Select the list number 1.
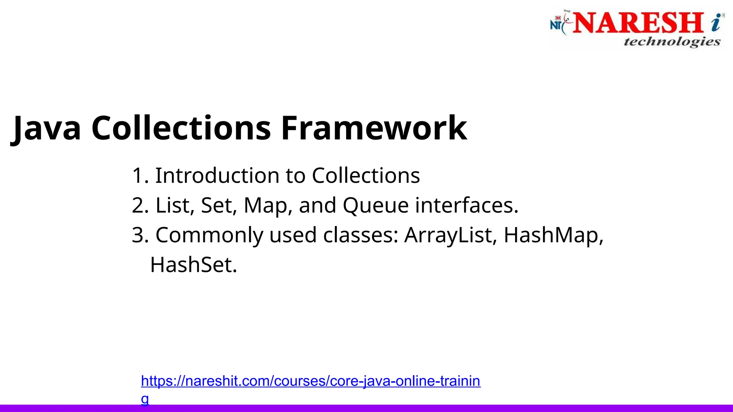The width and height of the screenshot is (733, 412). (x=138, y=176)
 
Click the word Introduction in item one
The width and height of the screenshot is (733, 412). (x=217, y=176)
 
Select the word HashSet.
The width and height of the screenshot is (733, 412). (x=193, y=265)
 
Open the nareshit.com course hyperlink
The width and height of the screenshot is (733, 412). (x=310, y=381)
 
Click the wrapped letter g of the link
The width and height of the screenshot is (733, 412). (x=145, y=399)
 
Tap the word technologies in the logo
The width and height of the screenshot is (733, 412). (x=672, y=42)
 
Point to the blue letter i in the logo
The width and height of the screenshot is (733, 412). (x=716, y=23)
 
